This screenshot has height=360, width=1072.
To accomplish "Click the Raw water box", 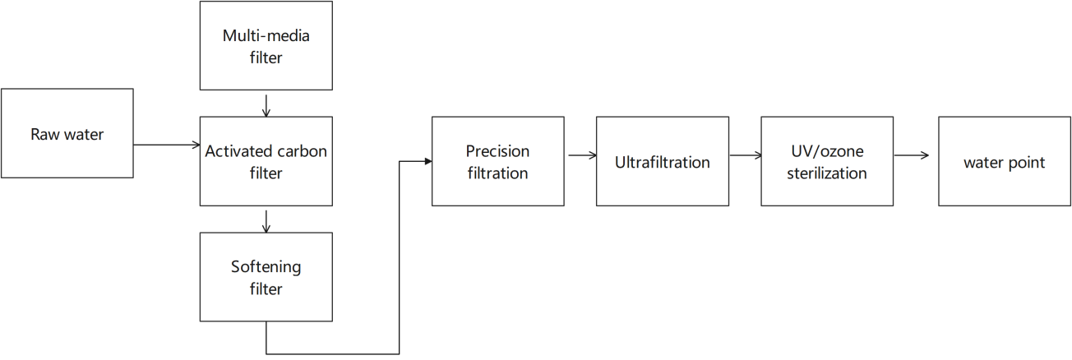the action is click(67, 133).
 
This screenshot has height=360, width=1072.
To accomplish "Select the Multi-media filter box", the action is click(266, 45).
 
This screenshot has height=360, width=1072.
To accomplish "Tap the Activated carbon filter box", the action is click(266, 161).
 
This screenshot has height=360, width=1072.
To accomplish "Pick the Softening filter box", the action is click(266, 277).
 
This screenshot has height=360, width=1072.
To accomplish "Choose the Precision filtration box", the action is click(497, 161).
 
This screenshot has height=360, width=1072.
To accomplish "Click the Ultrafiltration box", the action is click(663, 161).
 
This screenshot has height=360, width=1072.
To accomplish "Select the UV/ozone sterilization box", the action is click(827, 161).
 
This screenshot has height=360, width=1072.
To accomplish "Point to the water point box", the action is click(1005, 161).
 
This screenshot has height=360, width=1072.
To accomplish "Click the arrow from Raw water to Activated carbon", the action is click(167, 145).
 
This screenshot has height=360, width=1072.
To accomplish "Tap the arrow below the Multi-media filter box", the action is click(266, 106).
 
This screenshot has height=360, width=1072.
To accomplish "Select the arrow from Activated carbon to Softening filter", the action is click(266, 222).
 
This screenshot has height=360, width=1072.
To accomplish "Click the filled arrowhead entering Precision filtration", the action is click(428, 161).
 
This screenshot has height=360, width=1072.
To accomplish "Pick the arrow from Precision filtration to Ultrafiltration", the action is click(582, 155).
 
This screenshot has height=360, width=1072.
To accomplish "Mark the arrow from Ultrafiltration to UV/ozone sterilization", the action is click(746, 155).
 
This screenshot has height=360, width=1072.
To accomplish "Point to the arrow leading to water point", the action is click(911, 155).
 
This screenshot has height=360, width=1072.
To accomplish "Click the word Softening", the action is click(266, 267).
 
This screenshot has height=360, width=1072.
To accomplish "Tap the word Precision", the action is click(497, 151).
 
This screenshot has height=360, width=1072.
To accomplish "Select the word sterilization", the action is click(827, 173).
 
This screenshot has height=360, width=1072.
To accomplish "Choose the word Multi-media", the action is click(266, 35).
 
